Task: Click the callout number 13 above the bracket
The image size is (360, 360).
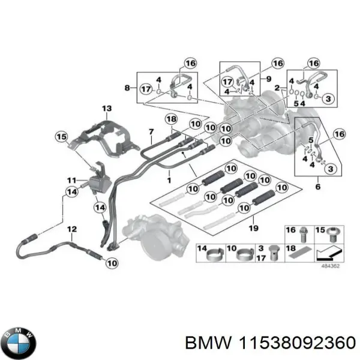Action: point(107,109)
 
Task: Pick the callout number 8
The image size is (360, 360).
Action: point(127,88)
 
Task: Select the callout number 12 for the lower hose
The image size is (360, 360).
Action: point(71,229)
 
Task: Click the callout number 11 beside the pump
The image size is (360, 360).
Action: point(70,180)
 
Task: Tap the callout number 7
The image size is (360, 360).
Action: point(151,131)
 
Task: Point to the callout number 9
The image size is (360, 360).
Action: point(269,79)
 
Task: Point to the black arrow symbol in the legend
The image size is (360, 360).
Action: point(327,253)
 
